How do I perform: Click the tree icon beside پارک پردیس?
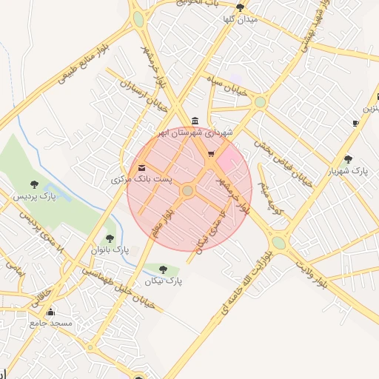34,184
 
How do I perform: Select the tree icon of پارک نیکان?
163,269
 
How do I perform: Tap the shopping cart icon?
212,154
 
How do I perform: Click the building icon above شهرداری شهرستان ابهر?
195,121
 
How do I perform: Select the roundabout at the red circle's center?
188,191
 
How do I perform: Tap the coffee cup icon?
355,123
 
